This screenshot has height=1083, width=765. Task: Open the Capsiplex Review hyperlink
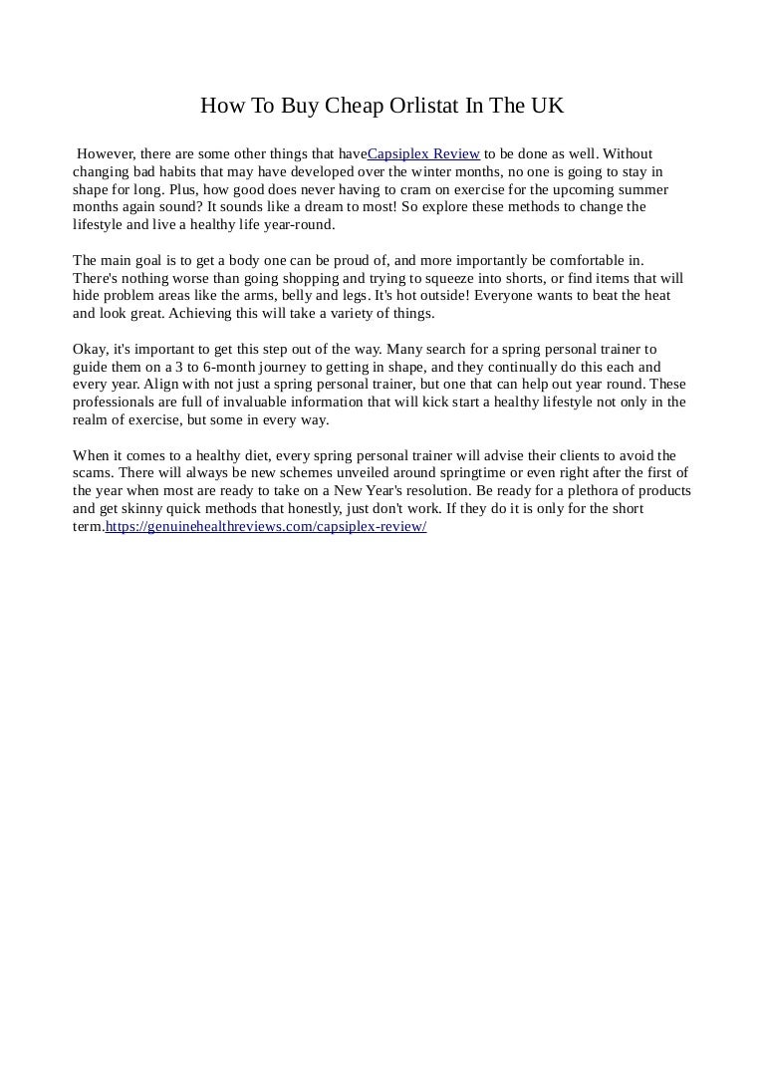point(424,154)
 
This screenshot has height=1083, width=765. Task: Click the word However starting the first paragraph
point(107,154)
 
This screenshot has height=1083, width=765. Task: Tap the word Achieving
point(203,315)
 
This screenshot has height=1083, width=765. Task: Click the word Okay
point(91,350)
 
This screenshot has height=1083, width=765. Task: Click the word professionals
point(112,404)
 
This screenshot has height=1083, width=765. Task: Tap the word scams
point(93,474)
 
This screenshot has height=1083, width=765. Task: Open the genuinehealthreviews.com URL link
point(266,527)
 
